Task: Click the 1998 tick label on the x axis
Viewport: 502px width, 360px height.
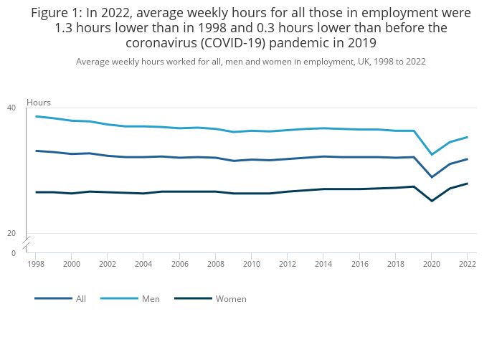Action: tap(35, 264)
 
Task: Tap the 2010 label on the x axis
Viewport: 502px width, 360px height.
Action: tap(251, 264)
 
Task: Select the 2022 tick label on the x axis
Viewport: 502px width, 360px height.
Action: tap(467, 264)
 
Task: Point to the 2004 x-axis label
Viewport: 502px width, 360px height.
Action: tap(143, 264)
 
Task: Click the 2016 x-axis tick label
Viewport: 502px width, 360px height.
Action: tap(359, 264)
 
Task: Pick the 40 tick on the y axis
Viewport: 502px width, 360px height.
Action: tap(11, 108)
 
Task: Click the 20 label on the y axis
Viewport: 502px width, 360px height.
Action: tap(11, 233)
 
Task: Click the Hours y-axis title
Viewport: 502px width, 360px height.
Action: tap(39, 103)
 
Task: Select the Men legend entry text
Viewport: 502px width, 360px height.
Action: tap(151, 298)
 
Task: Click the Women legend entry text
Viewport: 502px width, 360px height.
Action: tap(231, 298)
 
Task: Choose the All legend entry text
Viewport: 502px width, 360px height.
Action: tap(81, 298)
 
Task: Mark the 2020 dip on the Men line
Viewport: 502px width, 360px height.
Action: tap(432, 155)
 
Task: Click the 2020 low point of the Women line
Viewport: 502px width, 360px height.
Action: tap(432, 201)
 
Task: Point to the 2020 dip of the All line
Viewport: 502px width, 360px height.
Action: tap(432, 177)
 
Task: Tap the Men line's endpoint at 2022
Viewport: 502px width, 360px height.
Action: tap(467, 137)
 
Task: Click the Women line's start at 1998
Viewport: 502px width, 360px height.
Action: tap(35, 192)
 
